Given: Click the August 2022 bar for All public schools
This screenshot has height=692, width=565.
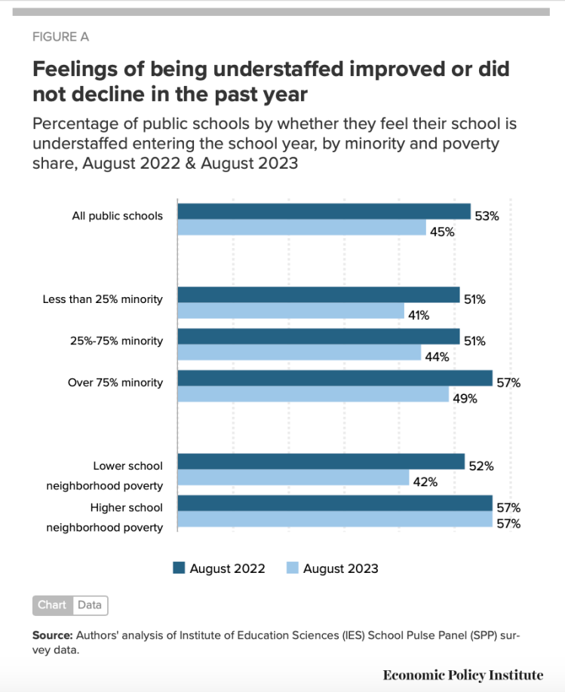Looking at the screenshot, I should [324, 211].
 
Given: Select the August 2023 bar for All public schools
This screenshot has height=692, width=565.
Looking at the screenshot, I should [302, 228].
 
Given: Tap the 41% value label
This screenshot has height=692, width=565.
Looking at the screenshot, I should [418, 316].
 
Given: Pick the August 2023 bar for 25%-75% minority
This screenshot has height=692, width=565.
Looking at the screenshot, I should [299, 353].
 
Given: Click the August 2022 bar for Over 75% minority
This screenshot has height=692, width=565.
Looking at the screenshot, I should [335, 378].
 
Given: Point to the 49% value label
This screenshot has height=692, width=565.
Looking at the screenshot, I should [465, 399].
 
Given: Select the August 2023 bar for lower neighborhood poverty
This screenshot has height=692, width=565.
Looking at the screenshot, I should [293, 478].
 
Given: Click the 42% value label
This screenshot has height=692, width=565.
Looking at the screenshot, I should [425, 482].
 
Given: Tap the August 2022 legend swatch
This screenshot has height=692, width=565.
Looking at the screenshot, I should [179, 568].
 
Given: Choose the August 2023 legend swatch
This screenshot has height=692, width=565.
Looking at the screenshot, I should [292, 568].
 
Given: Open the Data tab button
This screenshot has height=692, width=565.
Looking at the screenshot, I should [90, 605].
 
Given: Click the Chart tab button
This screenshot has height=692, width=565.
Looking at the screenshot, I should [52, 605].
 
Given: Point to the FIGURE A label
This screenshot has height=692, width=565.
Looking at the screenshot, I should [60, 37].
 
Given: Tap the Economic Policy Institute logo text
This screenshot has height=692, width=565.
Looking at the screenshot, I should [462, 674].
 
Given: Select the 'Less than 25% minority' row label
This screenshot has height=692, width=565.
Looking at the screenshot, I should [103, 299].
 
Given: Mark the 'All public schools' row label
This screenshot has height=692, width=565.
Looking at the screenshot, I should [117, 216].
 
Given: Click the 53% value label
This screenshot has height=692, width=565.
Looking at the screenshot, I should [487, 216].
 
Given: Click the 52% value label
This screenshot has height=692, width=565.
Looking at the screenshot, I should [481, 466].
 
